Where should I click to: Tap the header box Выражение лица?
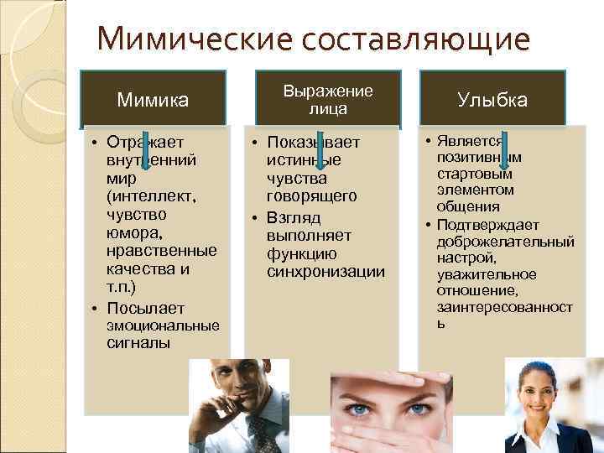(x=328, y=100)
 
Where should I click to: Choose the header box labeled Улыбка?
(x=492, y=101)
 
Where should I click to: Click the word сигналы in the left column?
(x=138, y=343)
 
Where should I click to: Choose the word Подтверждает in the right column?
(x=487, y=225)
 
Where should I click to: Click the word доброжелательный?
(x=505, y=242)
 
